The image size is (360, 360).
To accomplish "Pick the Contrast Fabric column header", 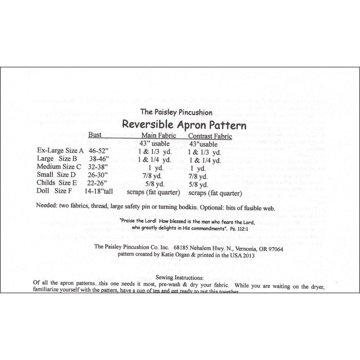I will [210, 136].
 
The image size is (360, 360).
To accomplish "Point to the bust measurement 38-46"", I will [99, 159].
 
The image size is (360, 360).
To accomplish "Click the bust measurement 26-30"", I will [99, 175].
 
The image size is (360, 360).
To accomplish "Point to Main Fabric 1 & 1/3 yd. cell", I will [154, 152].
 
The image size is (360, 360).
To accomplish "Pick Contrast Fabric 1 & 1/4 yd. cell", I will [205, 160].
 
